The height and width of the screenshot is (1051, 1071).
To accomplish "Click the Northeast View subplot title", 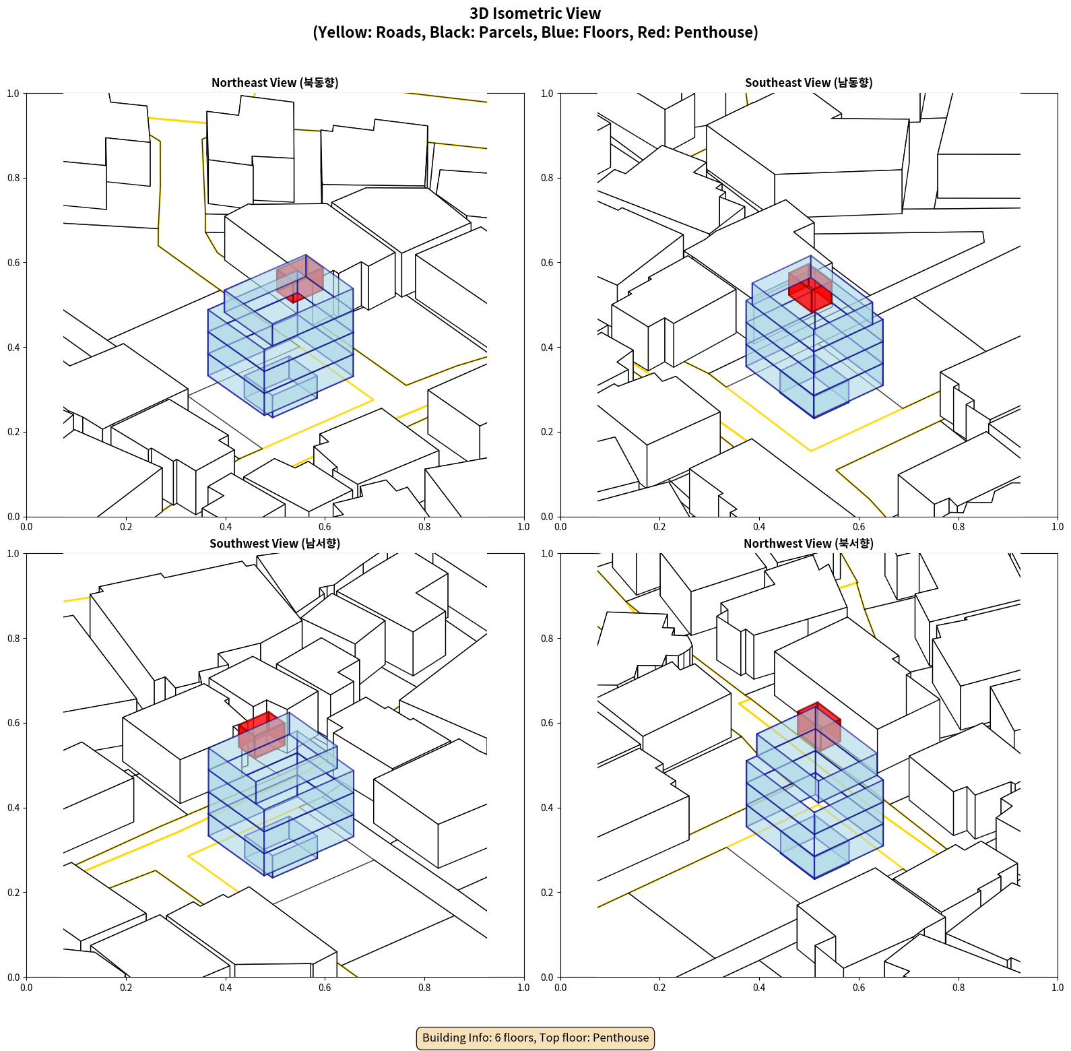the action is click(275, 83).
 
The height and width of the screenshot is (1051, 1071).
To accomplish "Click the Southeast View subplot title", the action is click(808, 83).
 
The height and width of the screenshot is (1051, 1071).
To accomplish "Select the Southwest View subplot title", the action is click(275, 544).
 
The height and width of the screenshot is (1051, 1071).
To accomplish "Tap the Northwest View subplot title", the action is click(808, 544).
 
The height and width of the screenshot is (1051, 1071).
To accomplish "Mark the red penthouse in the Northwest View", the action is click(818, 727).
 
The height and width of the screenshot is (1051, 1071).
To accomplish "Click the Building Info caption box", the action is click(535, 1038).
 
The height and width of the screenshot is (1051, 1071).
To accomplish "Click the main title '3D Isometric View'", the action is click(535, 13).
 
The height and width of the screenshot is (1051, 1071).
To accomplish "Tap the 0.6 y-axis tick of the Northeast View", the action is click(13, 263).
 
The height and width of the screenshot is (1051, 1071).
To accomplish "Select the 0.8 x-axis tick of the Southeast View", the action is click(959, 527).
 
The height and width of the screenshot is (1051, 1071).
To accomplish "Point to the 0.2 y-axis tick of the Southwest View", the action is click(13, 893).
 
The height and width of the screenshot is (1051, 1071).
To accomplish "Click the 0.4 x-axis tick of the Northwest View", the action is click(759, 988).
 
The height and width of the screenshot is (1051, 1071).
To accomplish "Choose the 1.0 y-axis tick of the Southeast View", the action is click(547, 94).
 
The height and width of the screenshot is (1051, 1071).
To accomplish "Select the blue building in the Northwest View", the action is click(814, 795).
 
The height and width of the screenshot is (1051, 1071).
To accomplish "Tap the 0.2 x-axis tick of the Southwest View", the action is click(126, 988).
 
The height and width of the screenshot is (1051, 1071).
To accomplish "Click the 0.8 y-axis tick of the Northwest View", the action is click(547, 639).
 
